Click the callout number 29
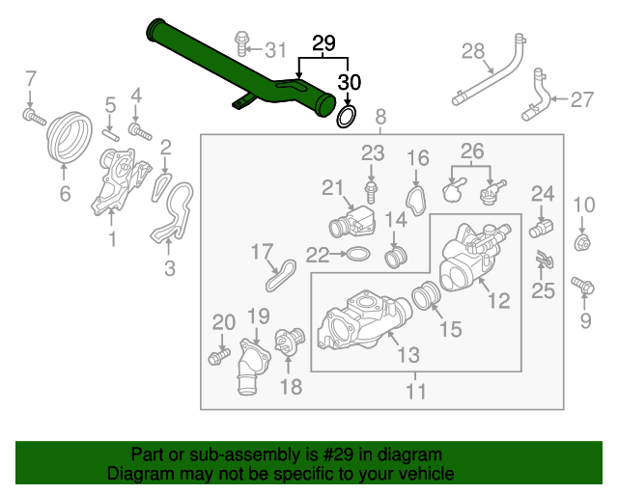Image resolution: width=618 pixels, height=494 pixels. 323,43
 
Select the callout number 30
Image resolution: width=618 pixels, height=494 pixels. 349,82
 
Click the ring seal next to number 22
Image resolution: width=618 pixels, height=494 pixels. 356,255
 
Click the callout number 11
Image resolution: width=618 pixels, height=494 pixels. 416,392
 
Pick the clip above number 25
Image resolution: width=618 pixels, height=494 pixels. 544,260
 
